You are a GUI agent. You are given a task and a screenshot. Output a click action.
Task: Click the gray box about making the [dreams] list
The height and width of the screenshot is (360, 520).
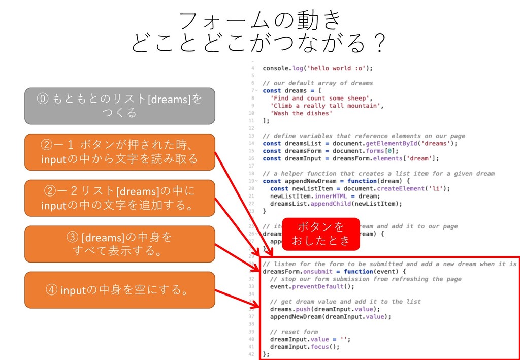click(x=120, y=106)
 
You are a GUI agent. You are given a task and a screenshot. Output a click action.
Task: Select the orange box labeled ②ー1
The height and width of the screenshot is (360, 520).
click(x=120, y=152)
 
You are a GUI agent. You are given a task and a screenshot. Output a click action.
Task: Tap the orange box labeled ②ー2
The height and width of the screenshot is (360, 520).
click(x=120, y=198)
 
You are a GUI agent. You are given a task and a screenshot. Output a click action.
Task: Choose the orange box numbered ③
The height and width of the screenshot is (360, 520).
click(x=120, y=244)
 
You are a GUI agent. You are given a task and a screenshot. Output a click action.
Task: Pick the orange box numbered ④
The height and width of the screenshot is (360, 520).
click(x=120, y=290)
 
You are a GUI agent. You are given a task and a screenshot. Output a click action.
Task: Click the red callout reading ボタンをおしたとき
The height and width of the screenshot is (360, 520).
click(x=320, y=234)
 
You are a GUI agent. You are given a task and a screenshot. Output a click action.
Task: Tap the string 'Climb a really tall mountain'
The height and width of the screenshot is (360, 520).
click(x=325, y=106)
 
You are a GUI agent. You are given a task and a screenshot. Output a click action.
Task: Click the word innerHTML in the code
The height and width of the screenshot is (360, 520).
click(x=329, y=196)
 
